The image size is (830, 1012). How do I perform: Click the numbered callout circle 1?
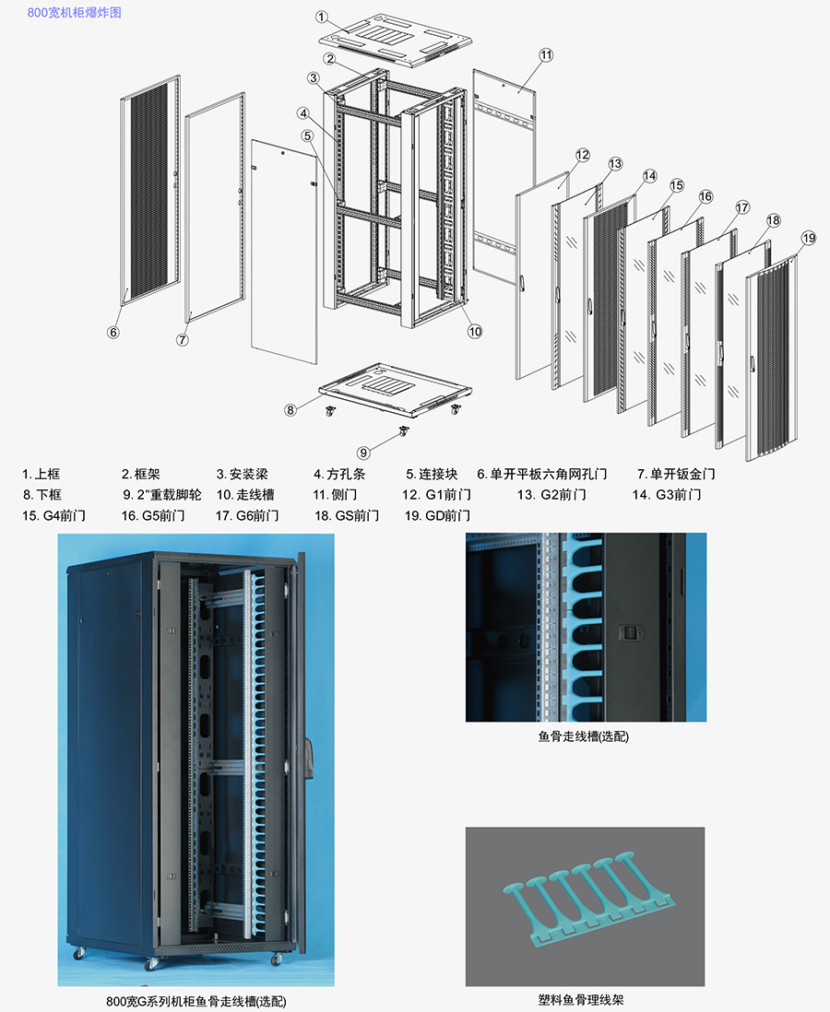[322, 17]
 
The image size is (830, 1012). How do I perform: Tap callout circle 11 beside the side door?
[546, 55]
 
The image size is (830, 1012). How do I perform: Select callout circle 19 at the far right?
[808, 239]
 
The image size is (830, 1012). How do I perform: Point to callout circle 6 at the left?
[113, 332]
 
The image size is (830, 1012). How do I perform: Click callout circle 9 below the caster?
[363, 453]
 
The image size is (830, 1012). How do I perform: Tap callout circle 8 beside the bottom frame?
[290, 409]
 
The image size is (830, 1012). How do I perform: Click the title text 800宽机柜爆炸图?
[74, 13]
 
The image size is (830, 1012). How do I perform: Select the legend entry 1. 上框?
[41, 475]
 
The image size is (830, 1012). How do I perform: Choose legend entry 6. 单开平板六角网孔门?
[542, 475]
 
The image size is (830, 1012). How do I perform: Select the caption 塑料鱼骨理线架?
[585, 999]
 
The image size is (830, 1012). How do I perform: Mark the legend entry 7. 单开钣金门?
[676, 475]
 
